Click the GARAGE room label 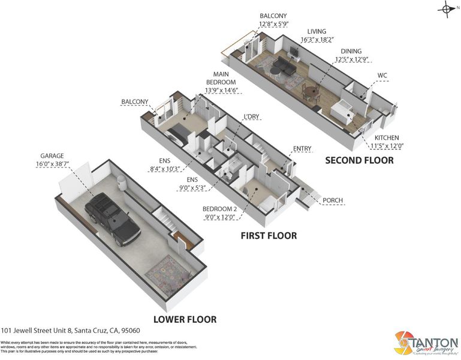point(53,155)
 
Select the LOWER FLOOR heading point(185,319)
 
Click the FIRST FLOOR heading point(269,236)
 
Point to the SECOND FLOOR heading point(359,160)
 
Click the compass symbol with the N point(447,8)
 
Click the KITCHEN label point(387,137)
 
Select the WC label point(383,76)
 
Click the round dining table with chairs point(310,92)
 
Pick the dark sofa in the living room point(282,66)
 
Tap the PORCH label point(333,200)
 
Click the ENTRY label point(302,148)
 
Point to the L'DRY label point(251,116)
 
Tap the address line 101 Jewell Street point(71,331)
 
